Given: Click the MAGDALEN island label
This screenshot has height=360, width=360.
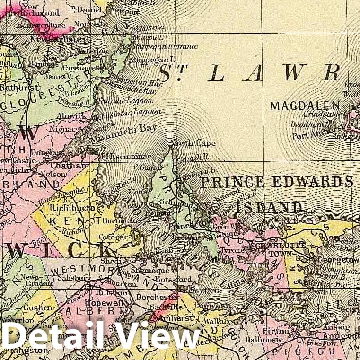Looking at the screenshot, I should click(305, 106).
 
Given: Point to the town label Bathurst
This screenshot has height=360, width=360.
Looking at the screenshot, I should click(15, 88).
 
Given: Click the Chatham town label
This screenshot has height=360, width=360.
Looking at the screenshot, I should click(73, 166).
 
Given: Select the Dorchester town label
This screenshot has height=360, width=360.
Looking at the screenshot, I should click(155, 298).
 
